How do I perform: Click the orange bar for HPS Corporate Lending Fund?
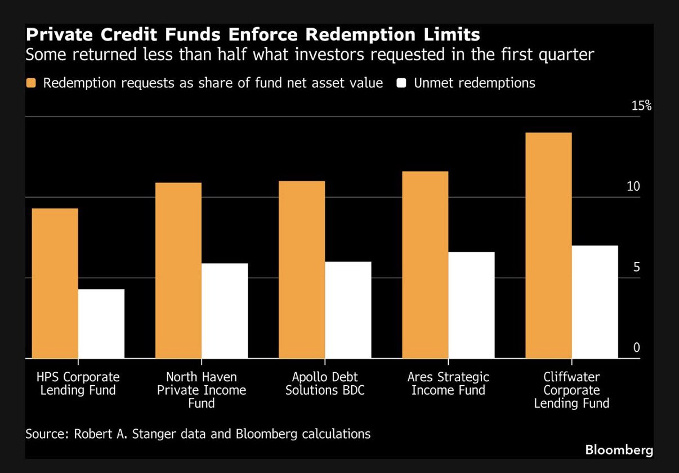click(55, 283)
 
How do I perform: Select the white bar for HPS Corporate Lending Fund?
click(101, 324)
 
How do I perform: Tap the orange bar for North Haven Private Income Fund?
click(178, 270)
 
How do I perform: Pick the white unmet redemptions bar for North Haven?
click(224, 311)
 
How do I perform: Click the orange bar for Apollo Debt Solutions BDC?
click(301, 270)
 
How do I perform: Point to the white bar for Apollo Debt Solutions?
click(347, 310)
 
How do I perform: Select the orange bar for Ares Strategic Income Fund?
click(425, 265)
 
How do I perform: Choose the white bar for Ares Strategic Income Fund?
click(471, 305)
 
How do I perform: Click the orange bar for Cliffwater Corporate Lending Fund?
click(548, 246)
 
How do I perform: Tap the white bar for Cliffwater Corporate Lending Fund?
click(595, 302)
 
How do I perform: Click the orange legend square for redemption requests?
click(31, 83)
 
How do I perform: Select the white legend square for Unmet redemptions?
click(401, 83)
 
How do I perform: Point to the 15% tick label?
click(641, 105)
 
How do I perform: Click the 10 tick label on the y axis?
click(633, 186)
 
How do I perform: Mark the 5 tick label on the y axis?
click(637, 267)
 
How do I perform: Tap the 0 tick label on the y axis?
click(637, 347)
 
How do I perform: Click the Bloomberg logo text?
click(619, 450)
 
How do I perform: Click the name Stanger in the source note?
click(170, 434)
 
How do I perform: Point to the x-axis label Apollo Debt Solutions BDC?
click(325, 383)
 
